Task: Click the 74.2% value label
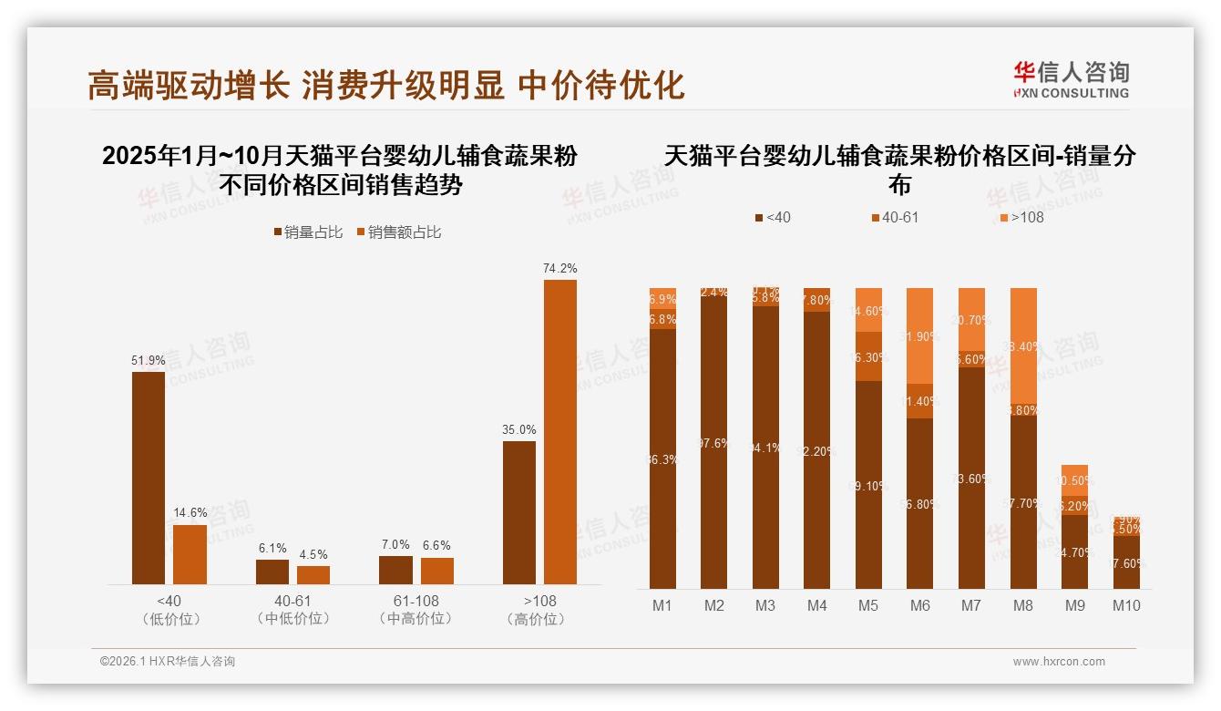pos(559,268)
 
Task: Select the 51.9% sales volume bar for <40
pos(149,478)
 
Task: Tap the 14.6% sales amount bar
pos(190,554)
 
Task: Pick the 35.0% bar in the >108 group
pos(519,512)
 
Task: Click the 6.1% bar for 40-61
pos(272,572)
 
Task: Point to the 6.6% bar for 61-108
pos(437,571)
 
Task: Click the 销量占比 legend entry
pos(308,232)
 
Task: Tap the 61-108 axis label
pos(416,601)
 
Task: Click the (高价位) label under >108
pos(539,619)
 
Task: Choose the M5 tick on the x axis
pos(868,605)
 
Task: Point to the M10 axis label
pos(1126,605)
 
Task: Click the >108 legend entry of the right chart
pos(1021,218)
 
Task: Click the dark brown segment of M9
pos(1074,551)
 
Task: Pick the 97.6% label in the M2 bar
pos(713,444)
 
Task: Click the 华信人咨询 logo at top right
pos(1071,79)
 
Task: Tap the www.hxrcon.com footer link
pos(1059,662)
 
